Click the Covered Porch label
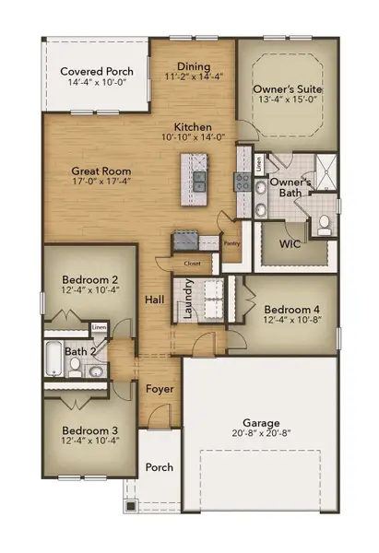97,71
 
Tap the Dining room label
194,66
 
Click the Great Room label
101,171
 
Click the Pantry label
232,243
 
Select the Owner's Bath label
291,187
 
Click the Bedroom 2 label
89,279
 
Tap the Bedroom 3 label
89,429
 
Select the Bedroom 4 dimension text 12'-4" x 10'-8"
291,321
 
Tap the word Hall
154,300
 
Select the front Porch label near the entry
160,467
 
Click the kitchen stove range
243,181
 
